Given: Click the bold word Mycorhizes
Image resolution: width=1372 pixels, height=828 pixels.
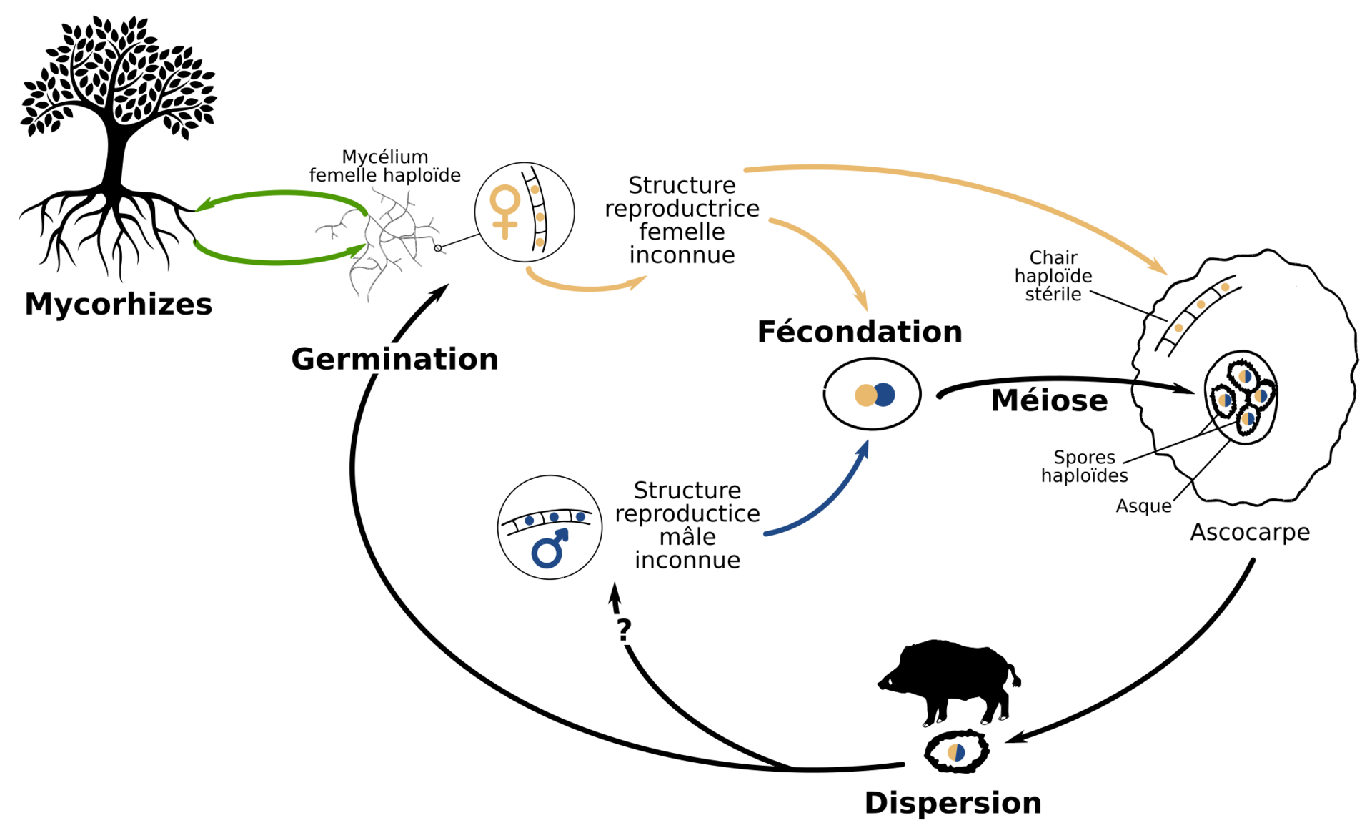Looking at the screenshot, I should tap(118, 304).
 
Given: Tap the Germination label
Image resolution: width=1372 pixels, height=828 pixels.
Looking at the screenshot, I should tap(394, 359).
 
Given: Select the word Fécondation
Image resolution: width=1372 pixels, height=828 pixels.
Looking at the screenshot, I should tap(859, 332).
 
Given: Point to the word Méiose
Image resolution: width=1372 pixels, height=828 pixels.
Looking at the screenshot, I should tap(1048, 400).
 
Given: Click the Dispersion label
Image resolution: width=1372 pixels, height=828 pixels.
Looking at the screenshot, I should tap(953, 803).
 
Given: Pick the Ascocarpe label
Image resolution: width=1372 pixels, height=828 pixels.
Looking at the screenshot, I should tap(1249, 532).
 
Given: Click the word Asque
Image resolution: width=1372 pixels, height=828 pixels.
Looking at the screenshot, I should tap(1143, 506).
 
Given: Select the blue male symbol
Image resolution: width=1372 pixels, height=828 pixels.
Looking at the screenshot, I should tap(550, 549).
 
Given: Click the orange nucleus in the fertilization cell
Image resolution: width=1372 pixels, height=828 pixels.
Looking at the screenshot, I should tap(865, 395).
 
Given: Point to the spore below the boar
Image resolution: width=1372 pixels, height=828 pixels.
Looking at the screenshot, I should tap(956, 751).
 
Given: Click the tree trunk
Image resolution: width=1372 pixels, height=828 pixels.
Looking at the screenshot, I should tap(114, 157).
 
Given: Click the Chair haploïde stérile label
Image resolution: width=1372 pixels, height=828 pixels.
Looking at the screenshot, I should tap(1053, 276).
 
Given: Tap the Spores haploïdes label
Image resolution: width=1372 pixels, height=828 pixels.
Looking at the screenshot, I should tap(1084, 466).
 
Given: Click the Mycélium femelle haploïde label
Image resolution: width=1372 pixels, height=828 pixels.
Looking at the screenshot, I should tap(384, 166).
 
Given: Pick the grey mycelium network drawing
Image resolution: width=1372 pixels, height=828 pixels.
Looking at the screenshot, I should tap(382, 247).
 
